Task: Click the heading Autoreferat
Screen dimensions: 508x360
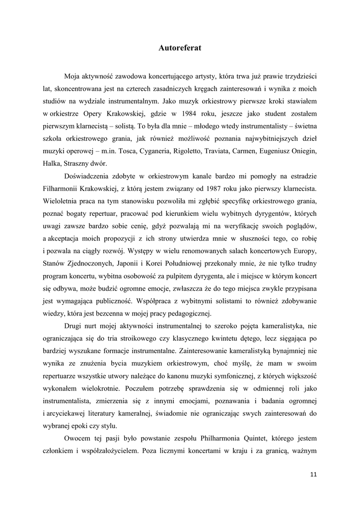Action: [180, 48]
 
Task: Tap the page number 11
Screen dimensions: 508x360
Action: [313, 474]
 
